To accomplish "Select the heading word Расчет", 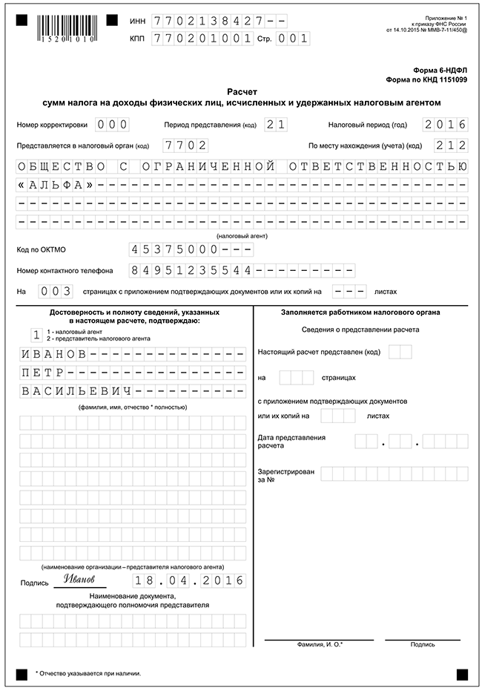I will pyautogui.click(x=242, y=91).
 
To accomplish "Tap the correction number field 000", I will pyautogui.click(x=113, y=125).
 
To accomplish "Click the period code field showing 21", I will pyautogui.click(x=275, y=125).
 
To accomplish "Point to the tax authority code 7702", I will pyautogui.click(x=186, y=145).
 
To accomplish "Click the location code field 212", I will pyautogui.click(x=452, y=145).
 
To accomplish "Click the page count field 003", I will pyautogui.click(x=56, y=292).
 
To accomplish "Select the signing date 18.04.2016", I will pyautogui.click(x=188, y=580).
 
